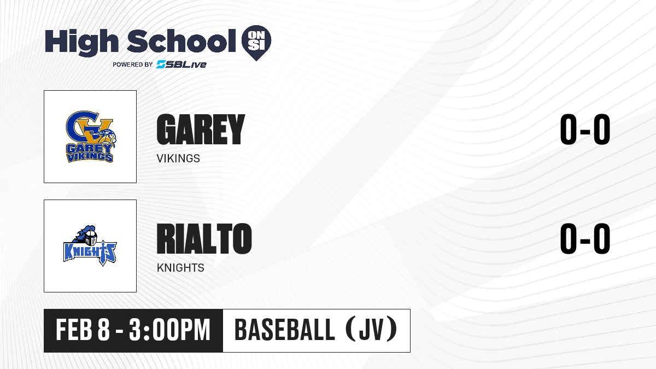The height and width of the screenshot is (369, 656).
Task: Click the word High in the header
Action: coord(81,43)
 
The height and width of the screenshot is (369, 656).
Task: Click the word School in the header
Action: coord(181,40)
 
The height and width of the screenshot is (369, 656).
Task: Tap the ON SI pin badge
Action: coord(256,43)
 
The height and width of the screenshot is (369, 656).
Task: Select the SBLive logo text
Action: coord(181,65)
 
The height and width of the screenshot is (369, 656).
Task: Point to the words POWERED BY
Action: coord(133,65)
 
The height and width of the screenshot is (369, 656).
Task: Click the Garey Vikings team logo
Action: coord(91,137)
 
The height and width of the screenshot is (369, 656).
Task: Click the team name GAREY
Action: coord(201,130)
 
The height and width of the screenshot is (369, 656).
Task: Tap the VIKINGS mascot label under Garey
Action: coord(178,159)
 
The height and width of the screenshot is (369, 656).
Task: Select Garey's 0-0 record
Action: coord(585,130)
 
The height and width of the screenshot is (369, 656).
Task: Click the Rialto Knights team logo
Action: coord(90,245)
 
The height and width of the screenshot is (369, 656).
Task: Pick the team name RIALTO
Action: coord(204,238)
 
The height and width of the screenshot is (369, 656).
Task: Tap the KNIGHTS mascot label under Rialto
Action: coord(180,268)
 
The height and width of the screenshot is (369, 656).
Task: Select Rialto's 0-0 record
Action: coord(585,238)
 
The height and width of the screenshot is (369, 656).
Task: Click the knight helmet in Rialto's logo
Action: coord(90,237)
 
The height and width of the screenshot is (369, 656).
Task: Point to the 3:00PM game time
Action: coord(169,330)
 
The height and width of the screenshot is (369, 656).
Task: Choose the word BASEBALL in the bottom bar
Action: coord(284,330)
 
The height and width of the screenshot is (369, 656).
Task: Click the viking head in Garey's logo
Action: coord(106,138)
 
